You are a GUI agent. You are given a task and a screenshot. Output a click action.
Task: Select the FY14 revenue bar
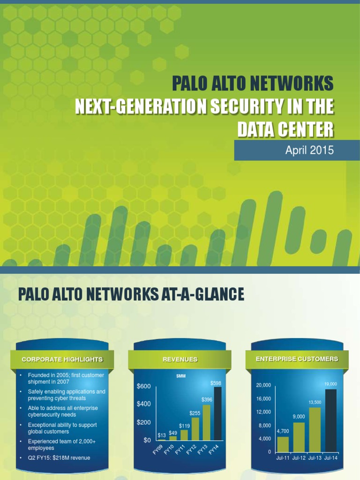click(217, 413)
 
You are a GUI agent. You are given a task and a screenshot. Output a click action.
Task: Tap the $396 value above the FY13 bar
click(207, 399)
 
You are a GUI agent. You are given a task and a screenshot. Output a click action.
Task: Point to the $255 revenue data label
click(195, 413)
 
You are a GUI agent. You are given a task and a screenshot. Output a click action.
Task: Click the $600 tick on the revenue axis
click(143, 386)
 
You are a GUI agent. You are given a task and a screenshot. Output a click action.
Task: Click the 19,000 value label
click(330, 384)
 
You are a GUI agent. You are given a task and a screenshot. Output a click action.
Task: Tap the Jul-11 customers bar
click(283, 443)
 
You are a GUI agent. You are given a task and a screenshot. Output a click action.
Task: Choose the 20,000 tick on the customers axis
click(263, 385)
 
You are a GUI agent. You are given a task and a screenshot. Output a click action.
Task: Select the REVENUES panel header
click(180, 360)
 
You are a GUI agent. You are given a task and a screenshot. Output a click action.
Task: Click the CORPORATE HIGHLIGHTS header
click(62, 360)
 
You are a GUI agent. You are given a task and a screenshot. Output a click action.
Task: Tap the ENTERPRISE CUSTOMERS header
click(297, 359)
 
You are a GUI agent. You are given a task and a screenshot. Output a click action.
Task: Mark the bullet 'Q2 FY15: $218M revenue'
click(59, 458)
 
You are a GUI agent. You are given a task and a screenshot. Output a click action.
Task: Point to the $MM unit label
click(181, 376)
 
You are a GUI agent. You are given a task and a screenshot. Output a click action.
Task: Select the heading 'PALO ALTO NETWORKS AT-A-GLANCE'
click(131, 294)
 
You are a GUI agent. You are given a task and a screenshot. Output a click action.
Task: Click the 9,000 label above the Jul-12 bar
click(299, 416)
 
